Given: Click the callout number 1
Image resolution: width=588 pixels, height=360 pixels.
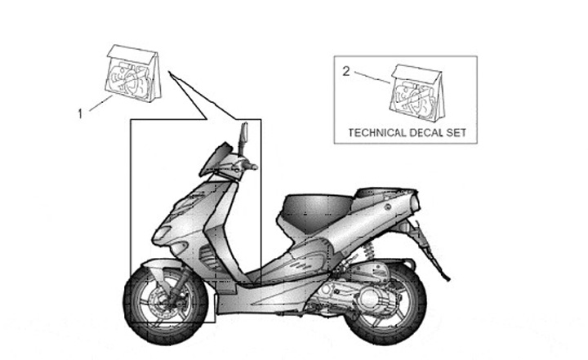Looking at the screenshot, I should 80,114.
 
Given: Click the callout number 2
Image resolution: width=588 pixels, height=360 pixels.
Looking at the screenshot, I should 345,72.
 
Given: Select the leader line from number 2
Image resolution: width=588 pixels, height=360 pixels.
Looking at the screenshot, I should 371,79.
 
